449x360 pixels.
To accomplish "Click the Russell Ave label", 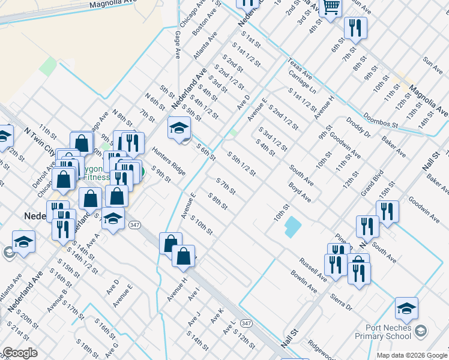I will pos(313,269).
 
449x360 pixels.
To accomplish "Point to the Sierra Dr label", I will pos(340,302).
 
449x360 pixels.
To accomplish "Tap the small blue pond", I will pos(293,227).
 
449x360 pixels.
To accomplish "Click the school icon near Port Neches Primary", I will pos(406,308).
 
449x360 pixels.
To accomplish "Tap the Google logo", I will pos(20,353).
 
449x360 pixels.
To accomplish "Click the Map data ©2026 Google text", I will pos(412,355).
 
